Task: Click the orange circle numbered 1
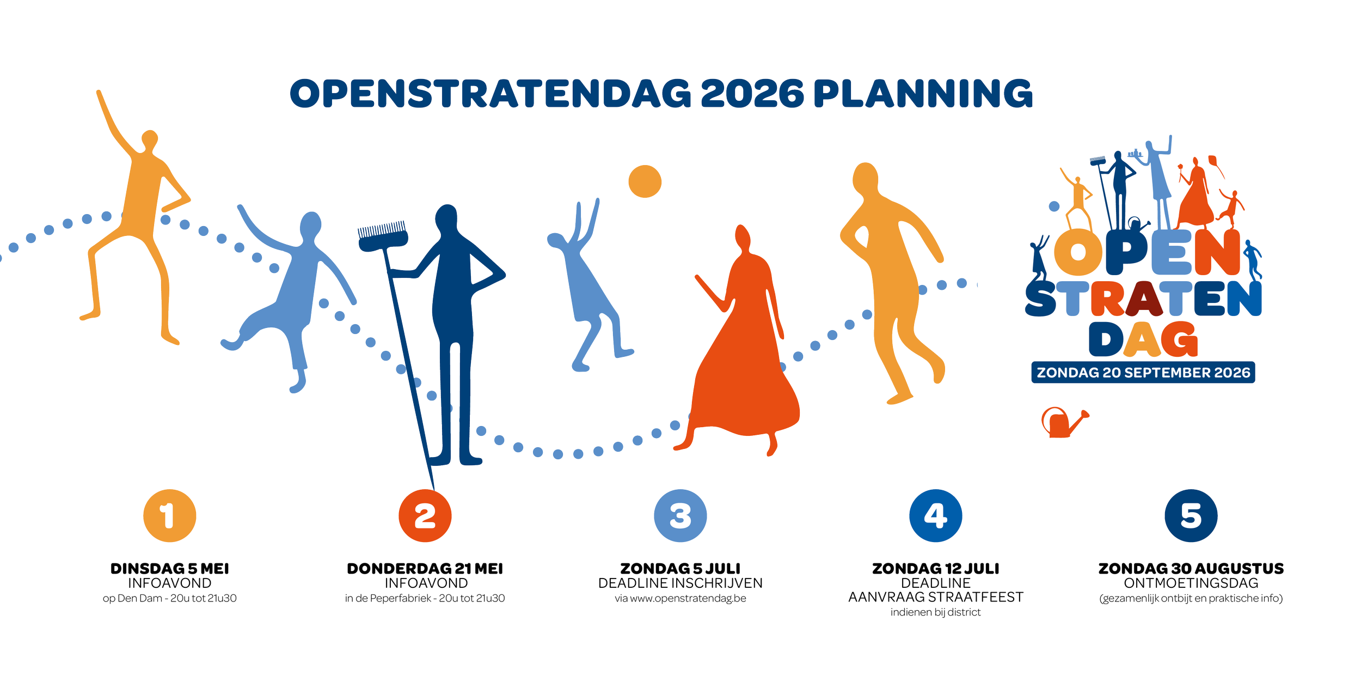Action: (x=170, y=515)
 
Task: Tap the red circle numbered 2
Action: (x=425, y=515)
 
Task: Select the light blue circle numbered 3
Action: (x=680, y=515)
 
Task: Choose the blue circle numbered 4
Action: (x=936, y=515)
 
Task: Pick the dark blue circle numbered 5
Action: (x=1191, y=515)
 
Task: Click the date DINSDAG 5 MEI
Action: (x=170, y=569)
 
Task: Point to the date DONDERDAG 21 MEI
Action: (x=425, y=569)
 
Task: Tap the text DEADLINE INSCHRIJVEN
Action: (x=680, y=583)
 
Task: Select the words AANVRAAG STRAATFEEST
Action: (x=936, y=597)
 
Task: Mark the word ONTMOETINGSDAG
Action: (x=1191, y=583)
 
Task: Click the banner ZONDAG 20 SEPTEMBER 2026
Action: (x=1143, y=373)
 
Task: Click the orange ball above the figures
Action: (x=645, y=181)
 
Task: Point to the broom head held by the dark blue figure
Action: (x=383, y=236)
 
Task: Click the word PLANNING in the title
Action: (x=923, y=94)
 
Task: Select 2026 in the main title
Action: (x=752, y=94)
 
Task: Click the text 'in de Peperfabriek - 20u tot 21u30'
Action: (x=425, y=598)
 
